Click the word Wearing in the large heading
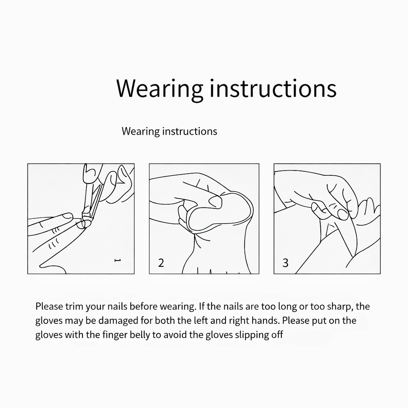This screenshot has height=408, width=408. click(160, 88)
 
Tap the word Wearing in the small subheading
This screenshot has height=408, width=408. click(141, 131)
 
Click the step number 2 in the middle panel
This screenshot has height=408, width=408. click(161, 263)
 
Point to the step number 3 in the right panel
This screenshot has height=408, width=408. click(285, 263)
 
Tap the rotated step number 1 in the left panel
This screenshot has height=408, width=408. click(118, 261)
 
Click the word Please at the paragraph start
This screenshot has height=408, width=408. click(49, 306)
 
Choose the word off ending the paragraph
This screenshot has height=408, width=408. click(277, 335)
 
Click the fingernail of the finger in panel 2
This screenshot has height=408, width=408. click(216, 202)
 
